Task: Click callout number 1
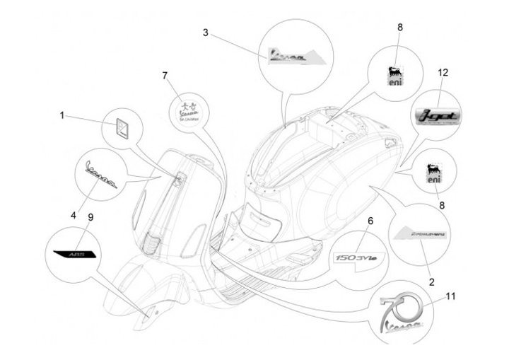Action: (62, 115)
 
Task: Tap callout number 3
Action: (205, 33)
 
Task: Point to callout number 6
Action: (369, 221)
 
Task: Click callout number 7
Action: (165, 75)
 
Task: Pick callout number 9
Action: (90, 218)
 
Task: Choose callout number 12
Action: (443, 74)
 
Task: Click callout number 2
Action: (431, 281)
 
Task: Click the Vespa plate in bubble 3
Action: (291, 54)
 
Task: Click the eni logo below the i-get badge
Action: (434, 175)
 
